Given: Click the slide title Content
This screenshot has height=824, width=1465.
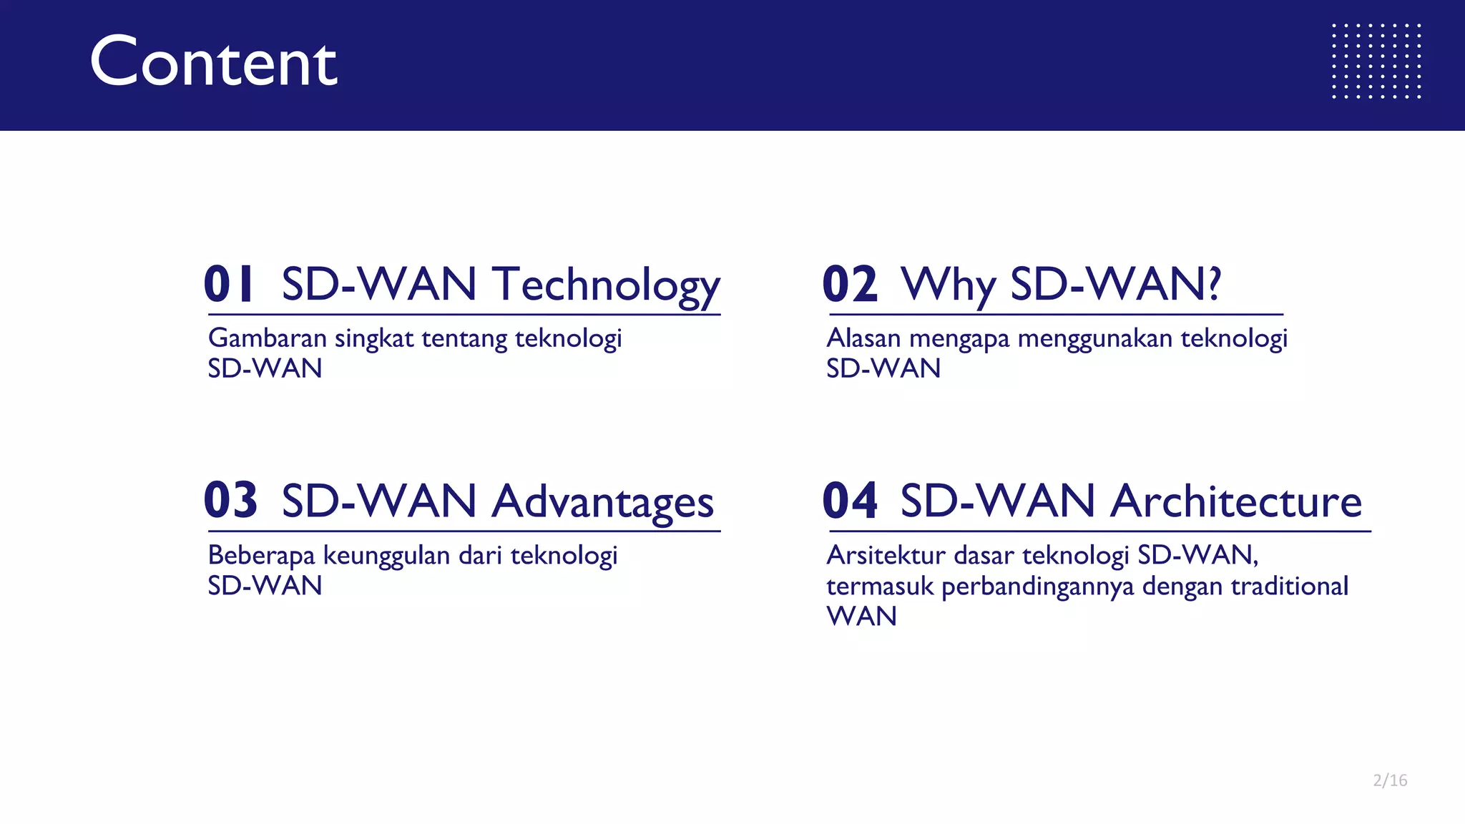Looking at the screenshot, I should click(x=213, y=63).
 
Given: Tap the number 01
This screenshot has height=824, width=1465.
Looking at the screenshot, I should click(x=229, y=284).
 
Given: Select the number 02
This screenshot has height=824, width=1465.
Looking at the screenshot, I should click(x=849, y=284).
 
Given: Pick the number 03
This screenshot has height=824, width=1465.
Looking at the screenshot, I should click(x=230, y=500).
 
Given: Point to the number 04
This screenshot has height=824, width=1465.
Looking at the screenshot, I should click(x=849, y=500).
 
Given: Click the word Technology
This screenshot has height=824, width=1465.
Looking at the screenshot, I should click(x=606, y=285).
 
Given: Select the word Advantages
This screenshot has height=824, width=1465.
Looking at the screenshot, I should click(x=602, y=501).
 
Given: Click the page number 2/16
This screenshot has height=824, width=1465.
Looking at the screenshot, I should click(x=1390, y=780).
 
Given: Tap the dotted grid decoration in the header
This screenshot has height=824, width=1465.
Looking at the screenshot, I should click(x=1376, y=61).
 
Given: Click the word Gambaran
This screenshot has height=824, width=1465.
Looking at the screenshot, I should click(x=267, y=338).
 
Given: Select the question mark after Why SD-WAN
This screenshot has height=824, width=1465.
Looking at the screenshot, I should click(x=1213, y=284).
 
